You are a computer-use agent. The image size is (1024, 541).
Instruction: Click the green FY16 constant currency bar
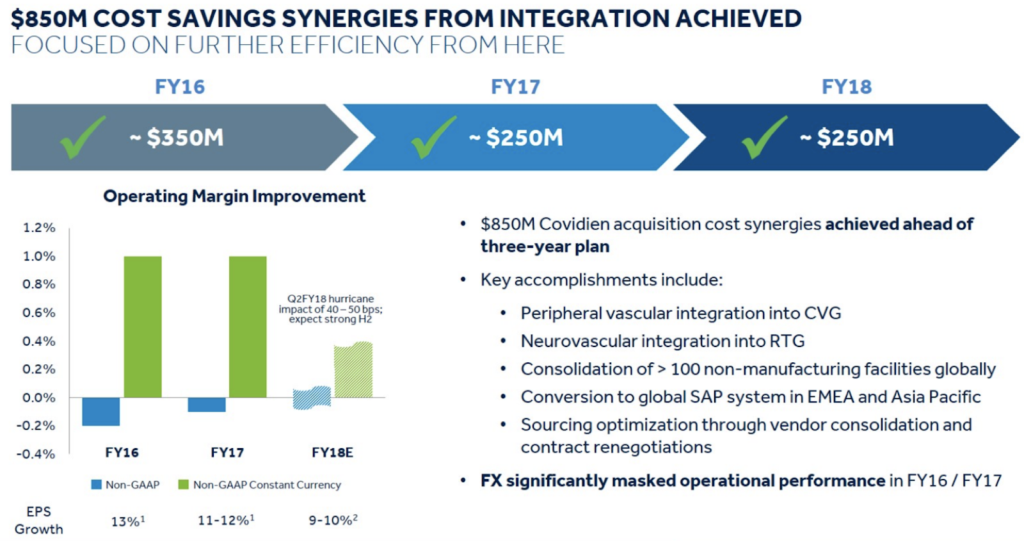pos(143,327)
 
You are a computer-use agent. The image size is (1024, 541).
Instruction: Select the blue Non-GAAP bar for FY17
pos(207,405)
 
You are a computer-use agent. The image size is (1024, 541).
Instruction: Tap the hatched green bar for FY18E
pos(353,369)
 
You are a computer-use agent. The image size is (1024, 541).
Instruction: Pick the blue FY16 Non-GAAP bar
pos(101,412)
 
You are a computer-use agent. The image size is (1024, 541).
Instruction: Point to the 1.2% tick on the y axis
pos(39,227)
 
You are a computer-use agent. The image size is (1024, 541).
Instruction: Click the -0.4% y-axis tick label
pos(36,454)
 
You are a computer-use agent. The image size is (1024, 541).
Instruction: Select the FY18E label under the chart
pos(332,452)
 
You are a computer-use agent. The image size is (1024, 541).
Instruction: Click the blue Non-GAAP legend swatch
pos(96,484)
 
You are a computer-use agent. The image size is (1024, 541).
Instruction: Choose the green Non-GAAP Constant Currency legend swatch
pos(183,484)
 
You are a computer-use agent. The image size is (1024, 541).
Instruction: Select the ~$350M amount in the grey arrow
pos(177,137)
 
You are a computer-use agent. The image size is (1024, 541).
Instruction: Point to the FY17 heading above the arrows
pos(515,86)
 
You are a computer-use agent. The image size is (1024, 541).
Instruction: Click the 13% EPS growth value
pos(128,521)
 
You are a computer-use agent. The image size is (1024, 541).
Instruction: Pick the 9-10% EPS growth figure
pos(333,520)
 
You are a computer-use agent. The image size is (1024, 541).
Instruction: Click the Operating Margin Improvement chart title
pos(234,196)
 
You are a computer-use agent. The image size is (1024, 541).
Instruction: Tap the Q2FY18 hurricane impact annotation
pos(330,309)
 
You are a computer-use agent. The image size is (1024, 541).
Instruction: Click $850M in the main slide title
pos(49,19)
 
